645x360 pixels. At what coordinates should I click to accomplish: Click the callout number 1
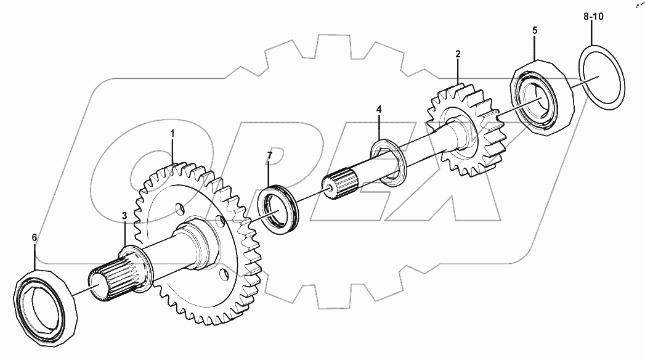tap(172, 133)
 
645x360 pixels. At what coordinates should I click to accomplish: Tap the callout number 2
tap(458, 54)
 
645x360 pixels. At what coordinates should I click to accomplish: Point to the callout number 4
tap(379, 110)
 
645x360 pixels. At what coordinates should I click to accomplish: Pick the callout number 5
tap(534, 30)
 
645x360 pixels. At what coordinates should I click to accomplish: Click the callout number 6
tap(34, 237)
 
